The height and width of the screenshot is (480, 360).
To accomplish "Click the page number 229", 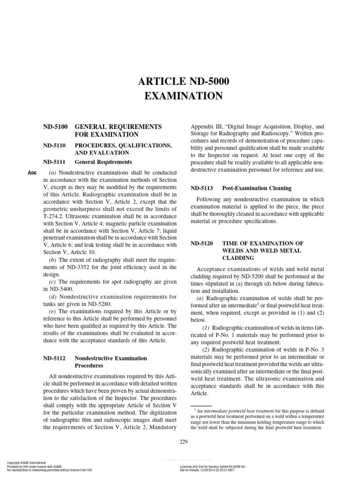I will tap(184, 442).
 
